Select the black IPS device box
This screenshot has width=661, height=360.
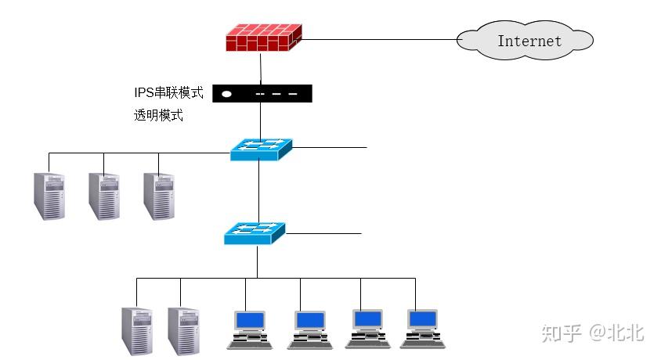(x=262, y=94)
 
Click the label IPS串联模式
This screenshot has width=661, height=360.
(x=168, y=93)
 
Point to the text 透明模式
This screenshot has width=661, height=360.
(x=158, y=116)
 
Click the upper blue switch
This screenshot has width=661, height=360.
(x=261, y=149)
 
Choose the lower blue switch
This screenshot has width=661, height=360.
(x=255, y=232)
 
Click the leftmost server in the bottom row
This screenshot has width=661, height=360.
(x=137, y=331)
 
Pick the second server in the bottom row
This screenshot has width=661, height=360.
(x=183, y=331)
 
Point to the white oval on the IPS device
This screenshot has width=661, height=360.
(x=226, y=94)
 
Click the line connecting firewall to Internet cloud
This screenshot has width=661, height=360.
(x=376, y=39)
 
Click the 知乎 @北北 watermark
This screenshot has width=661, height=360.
(x=592, y=333)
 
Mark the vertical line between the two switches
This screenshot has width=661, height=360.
(x=258, y=192)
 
